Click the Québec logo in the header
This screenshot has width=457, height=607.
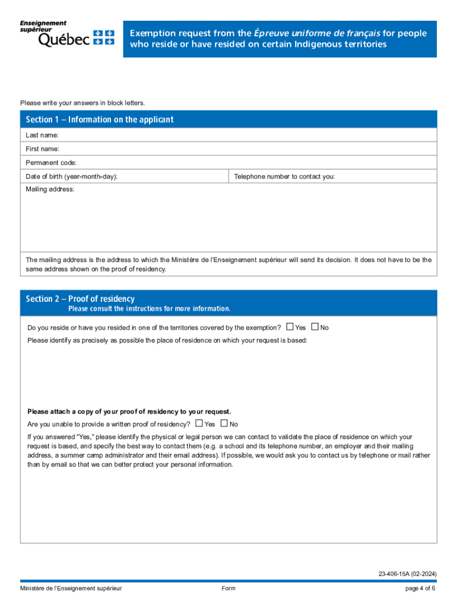pyautogui.click(x=67, y=34)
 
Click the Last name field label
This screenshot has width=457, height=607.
pyautogui.click(x=42, y=135)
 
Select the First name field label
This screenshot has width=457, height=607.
pyautogui.click(x=42, y=149)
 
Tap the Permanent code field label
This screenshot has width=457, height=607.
pyautogui.click(x=51, y=162)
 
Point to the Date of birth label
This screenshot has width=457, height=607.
pyautogui.click(x=71, y=176)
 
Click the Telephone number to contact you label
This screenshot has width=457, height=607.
pyautogui.click(x=284, y=176)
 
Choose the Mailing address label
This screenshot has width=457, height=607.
pyautogui.click(x=50, y=189)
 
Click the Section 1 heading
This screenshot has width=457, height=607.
pyautogui.click(x=100, y=120)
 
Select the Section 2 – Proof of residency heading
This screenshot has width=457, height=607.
pyautogui.click(x=80, y=299)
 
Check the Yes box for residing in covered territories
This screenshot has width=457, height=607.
pyautogui.click(x=290, y=327)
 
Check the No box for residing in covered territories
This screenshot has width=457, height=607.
pyautogui.click(x=315, y=327)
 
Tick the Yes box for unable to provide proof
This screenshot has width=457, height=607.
pyautogui.click(x=199, y=423)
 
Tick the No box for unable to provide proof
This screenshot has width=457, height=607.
pyautogui.click(x=224, y=423)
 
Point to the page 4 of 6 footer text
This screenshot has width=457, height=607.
pyautogui.click(x=420, y=588)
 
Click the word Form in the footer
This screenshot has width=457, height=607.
pyautogui.click(x=228, y=588)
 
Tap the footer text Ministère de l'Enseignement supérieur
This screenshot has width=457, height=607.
pyautogui.click(x=71, y=588)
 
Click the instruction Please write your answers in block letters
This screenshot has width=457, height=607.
pyautogui.click(x=82, y=103)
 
